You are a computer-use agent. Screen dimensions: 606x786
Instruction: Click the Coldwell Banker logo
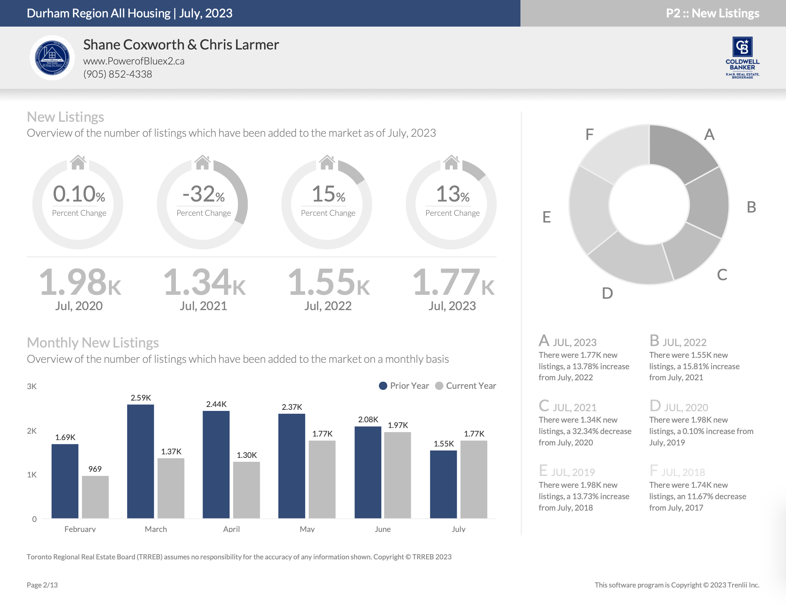[742, 58]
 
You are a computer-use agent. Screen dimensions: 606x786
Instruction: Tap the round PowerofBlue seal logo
[52, 58]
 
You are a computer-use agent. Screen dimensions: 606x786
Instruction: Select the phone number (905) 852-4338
[118, 74]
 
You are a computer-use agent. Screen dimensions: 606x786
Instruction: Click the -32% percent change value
[203, 194]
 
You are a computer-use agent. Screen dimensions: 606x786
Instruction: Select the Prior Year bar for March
[140, 461]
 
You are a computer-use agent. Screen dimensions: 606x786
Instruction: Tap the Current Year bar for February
[95, 497]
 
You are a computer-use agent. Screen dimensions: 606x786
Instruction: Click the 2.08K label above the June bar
[368, 419]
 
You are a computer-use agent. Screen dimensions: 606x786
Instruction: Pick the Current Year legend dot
[439, 386]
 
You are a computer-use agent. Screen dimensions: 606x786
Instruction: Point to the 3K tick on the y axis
[32, 386]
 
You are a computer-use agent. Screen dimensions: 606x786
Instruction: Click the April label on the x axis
[231, 529]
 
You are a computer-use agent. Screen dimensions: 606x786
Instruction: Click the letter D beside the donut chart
[607, 293]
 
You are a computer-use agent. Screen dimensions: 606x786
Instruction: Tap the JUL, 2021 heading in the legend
[575, 407]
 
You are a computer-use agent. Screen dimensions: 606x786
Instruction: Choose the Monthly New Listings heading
[93, 343]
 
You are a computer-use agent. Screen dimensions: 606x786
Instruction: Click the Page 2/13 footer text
[42, 585]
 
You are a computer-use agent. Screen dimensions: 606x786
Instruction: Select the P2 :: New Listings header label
[712, 13]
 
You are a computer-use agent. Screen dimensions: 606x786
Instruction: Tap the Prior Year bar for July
[443, 484]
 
